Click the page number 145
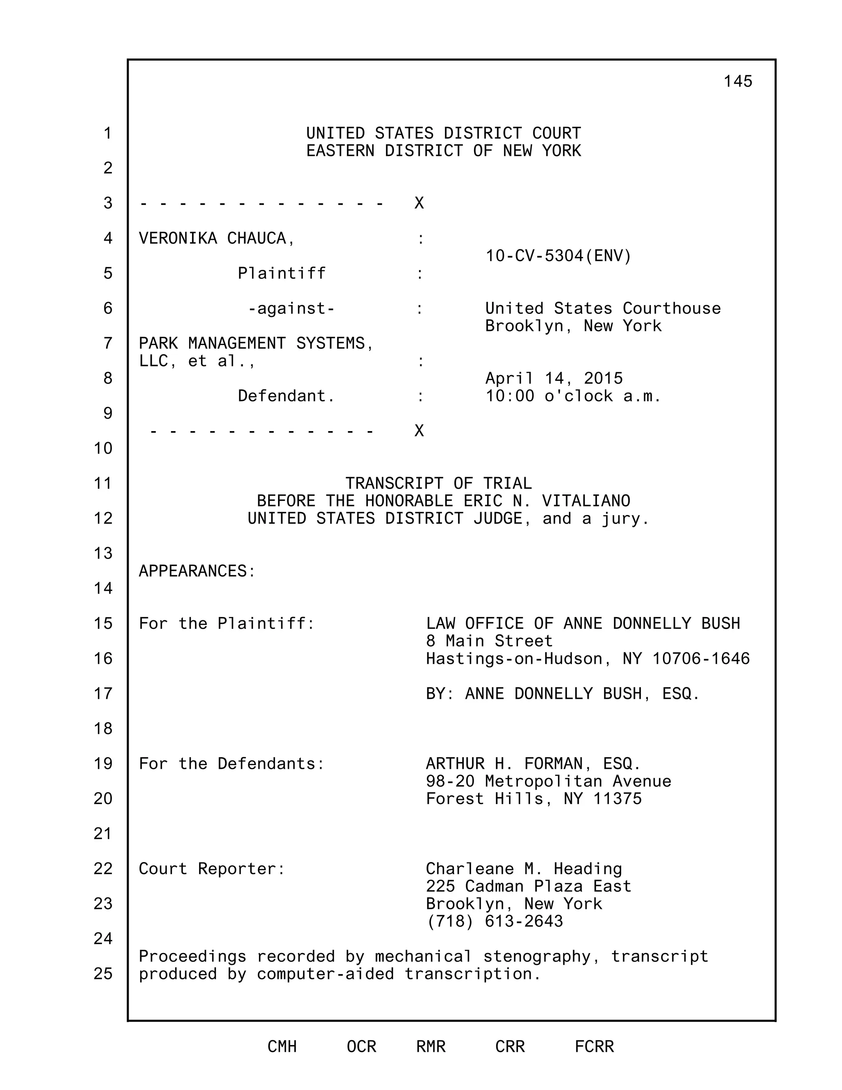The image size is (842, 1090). [737, 81]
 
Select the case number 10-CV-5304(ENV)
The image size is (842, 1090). [558, 256]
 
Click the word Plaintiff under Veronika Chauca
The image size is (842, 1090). [281, 274]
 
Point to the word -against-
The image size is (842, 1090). [291, 309]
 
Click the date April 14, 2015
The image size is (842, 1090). [554, 378]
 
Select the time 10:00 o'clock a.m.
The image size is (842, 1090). [573, 396]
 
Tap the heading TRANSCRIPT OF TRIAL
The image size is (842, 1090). [438, 483]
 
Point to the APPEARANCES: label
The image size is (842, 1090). [197, 571]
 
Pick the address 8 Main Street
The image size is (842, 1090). [489, 641]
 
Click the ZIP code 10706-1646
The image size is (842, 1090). [701, 659]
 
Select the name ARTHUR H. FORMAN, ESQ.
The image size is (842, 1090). [533, 763]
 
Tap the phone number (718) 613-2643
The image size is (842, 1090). [494, 921]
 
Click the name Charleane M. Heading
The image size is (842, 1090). [524, 869]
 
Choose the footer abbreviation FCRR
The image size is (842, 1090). [594, 1046]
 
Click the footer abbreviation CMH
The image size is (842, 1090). [282, 1046]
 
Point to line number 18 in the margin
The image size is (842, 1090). [103, 729]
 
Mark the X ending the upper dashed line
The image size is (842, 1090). [419, 203]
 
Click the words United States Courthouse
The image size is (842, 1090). [603, 308]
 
